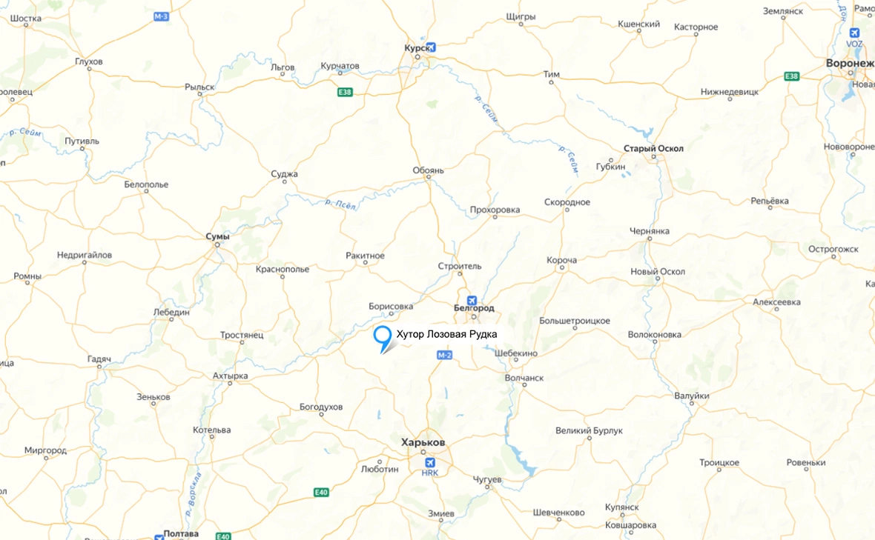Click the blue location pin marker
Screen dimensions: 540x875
pos(383,337)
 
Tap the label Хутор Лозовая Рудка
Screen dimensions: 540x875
pos(446,335)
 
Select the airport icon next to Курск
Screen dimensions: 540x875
pos(431,47)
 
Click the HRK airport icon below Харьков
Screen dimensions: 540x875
pos(430,463)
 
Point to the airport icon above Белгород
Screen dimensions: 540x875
pos(472,300)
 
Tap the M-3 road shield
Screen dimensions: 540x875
pos(162,16)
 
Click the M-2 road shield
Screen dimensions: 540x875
pos(444,356)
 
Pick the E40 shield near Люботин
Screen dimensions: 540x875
pos(320,492)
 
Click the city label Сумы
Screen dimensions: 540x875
pos(217,236)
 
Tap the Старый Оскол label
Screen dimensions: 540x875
pos(653,148)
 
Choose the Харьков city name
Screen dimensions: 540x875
pos(423,442)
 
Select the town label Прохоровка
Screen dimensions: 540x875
pos(495,210)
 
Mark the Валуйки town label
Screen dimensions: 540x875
pos(692,396)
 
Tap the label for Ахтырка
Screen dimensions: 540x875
pos(230,376)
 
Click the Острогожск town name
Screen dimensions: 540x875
pos(833,249)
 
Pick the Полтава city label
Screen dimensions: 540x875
pos(182,533)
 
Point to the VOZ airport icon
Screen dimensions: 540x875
pos(855,33)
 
